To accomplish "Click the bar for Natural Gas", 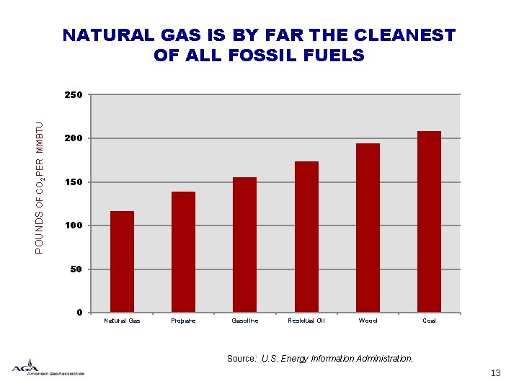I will [122, 261].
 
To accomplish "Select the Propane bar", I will [183, 251].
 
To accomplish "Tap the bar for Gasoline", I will [244, 244].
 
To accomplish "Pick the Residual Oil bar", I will [306, 236].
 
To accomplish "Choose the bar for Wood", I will [368, 228].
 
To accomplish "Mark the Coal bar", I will [429, 221].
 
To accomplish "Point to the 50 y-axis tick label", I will [78, 269].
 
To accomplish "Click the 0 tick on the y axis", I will [80, 313].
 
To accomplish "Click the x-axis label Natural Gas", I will [122, 321].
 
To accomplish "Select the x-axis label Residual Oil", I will [306, 321].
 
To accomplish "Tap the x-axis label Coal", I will [429, 321].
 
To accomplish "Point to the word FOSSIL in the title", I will [262, 55].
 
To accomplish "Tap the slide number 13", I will [495, 372].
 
